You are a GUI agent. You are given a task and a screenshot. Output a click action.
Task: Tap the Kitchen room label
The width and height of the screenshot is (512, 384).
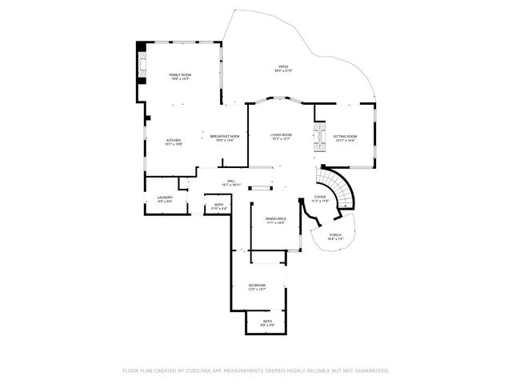click(174, 140)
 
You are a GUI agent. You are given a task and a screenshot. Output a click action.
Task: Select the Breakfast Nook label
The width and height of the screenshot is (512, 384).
click(225, 136)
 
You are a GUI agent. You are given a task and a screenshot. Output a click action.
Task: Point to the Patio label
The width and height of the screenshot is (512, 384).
click(283, 66)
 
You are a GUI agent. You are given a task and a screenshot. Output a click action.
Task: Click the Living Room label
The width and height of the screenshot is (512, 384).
click(281, 135)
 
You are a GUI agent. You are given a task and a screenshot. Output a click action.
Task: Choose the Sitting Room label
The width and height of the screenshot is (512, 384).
click(345, 137)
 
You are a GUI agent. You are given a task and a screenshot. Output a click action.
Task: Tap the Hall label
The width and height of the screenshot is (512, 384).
click(230, 181)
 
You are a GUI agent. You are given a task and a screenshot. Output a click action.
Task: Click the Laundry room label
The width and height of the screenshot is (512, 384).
click(165, 197)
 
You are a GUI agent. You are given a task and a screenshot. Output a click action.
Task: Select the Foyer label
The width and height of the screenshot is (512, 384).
click(320, 196)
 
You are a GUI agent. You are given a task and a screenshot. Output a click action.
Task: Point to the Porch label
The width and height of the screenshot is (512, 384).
click(335, 234)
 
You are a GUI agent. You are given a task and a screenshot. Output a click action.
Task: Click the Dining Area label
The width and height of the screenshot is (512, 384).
click(275, 218)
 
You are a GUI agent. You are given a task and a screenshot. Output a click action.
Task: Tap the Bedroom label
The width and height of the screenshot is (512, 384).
click(256, 285)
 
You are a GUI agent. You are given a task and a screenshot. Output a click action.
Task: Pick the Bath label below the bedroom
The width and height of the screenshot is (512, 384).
click(267, 322)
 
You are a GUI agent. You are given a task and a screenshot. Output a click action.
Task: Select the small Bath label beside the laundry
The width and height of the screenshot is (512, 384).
click(219, 205)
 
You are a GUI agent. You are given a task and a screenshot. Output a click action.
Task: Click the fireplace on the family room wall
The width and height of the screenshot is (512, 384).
click(142, 64)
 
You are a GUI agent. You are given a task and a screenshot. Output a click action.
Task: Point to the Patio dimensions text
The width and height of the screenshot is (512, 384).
click(283, 71)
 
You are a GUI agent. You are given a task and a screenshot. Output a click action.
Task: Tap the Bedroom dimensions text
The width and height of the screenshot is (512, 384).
click(256, 290)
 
